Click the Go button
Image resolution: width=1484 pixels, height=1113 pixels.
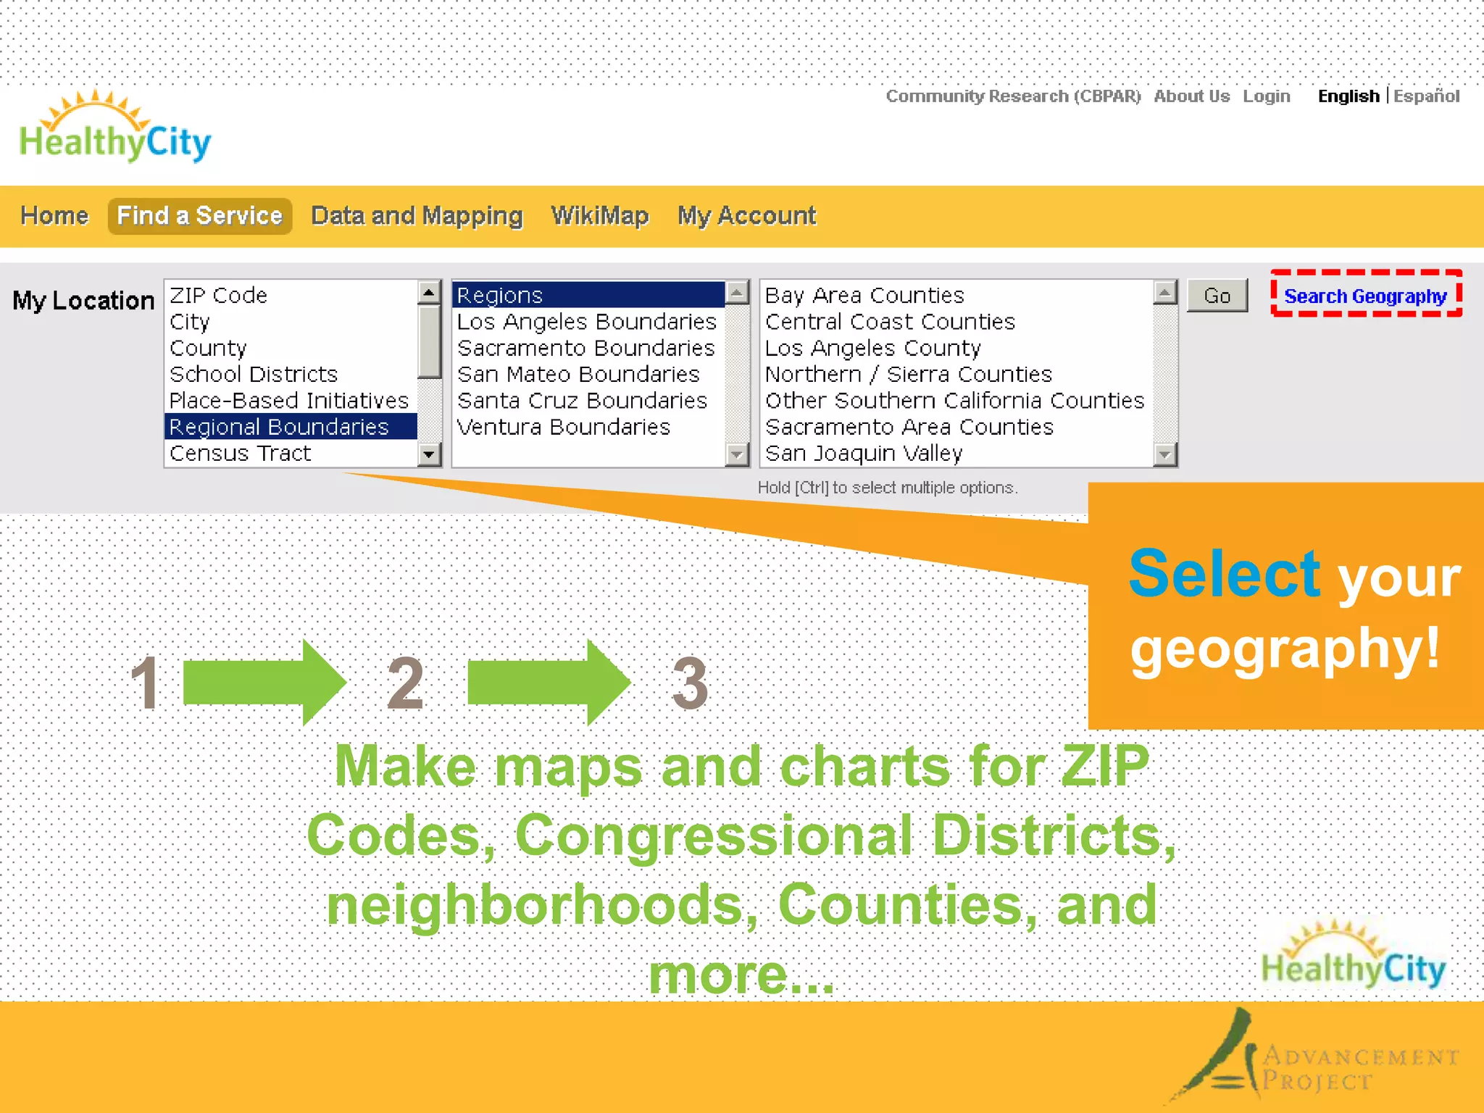point(1217,296)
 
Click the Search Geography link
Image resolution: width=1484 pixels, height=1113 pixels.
point(1365,296)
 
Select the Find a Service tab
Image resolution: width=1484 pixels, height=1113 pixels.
point(199,216)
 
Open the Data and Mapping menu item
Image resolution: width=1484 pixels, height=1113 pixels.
point(417,216)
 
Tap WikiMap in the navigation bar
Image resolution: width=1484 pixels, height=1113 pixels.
point(599,216)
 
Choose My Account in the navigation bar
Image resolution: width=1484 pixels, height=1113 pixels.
point(746,216)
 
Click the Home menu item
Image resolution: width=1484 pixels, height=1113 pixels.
point(54,216)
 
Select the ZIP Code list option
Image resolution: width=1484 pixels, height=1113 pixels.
point(218,296)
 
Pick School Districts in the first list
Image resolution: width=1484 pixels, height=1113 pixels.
point(254,375)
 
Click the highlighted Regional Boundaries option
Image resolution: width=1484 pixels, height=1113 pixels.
point(279,427)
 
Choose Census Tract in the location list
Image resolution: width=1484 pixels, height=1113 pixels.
point(240,454)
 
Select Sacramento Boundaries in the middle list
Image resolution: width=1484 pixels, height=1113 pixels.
point(585,349)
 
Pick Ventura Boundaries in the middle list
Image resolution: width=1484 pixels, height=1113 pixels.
point(563,427)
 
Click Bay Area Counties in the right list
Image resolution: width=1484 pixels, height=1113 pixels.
point(864,296)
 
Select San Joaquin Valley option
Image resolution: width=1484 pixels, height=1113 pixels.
point(864,454)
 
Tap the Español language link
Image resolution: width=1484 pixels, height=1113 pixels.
point(1426,96)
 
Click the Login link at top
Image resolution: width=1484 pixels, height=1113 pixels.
point(1266,96)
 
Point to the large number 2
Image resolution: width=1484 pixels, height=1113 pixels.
point(404,683)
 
